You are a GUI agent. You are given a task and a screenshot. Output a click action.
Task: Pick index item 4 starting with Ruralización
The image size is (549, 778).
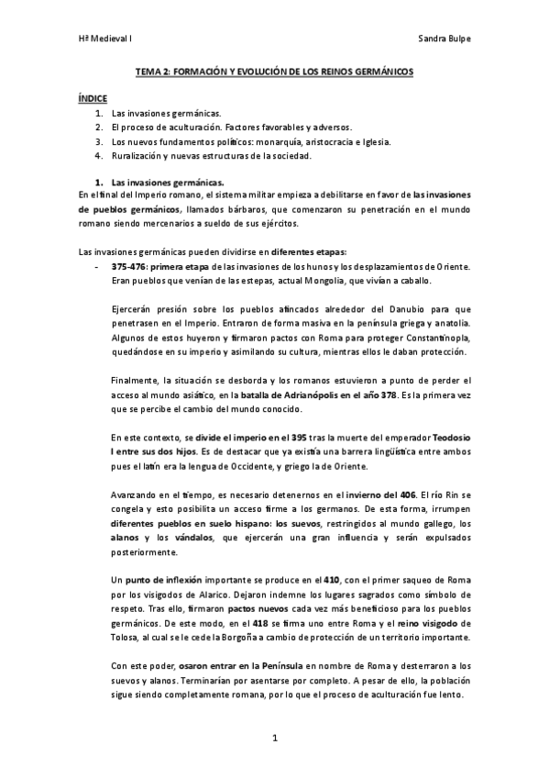[210, 156]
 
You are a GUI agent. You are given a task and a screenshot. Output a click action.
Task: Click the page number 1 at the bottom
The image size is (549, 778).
[274, 737]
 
